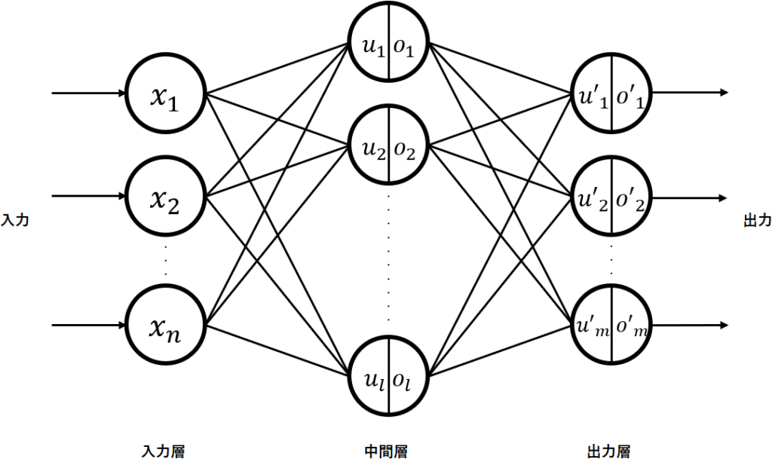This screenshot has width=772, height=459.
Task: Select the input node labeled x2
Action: pyautogui.click(x=166, y=197)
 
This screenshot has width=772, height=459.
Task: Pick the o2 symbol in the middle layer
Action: pyautogui.click(x=406, y=149)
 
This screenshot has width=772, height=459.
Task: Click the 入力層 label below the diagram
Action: pyautogui.click(x=162, y=451)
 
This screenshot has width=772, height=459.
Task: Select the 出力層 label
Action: pyautogui.click(x=608, y=451)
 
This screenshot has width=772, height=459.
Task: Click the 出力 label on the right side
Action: pyautogui.click(x=757, y=220)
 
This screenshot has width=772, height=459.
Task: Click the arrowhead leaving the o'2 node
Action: pyautogui.click(x=724, y=197)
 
